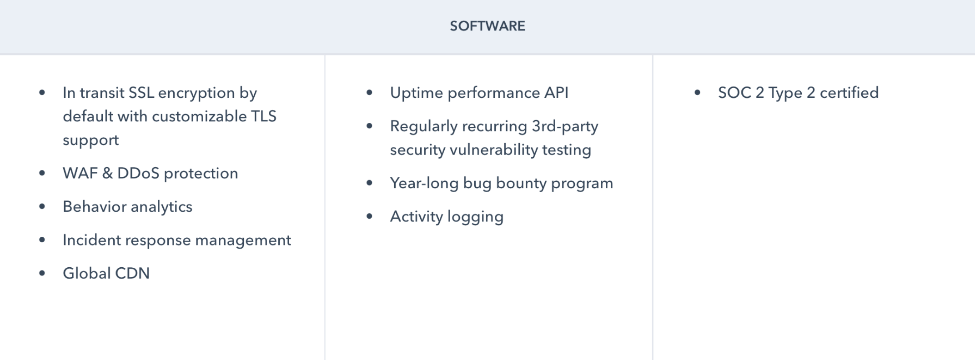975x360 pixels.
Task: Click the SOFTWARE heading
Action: click(487, 26)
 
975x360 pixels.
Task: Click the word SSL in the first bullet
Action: click(141, 93)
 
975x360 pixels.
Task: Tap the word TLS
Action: click(264, 116)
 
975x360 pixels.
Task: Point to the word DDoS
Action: click(138, 173)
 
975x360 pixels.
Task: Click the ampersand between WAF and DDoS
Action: click(107, 173)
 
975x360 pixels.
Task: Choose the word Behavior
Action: click(95, 206)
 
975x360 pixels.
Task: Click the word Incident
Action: click(92, 240)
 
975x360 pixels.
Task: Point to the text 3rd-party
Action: click(565, 126)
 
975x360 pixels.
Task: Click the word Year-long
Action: click(424, 183)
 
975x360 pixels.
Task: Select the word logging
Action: click(475, 217)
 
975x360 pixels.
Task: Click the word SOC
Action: click(734, 93)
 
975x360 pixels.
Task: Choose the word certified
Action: click(849, 93)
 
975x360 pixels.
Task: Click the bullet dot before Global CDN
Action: click(42, 273)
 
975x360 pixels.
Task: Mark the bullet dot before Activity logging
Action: click(369, 217)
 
